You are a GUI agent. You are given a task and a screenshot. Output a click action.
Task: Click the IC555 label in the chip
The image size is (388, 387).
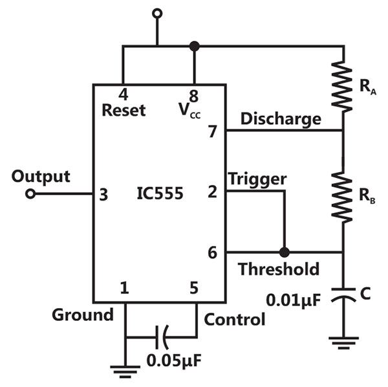[160, 193]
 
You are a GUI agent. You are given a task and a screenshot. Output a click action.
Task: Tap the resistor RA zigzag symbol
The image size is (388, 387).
[343, 85]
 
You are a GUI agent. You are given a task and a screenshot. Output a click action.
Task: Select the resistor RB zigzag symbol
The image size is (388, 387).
[343, 195]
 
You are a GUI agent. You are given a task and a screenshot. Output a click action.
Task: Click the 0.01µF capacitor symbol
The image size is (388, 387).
[343, 294]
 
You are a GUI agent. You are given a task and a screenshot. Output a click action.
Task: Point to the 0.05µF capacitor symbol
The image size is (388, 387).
[162, 337]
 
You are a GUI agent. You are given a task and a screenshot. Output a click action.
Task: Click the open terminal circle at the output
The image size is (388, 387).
[30, 194]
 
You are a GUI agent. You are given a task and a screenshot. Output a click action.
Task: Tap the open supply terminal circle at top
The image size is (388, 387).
[157, 14]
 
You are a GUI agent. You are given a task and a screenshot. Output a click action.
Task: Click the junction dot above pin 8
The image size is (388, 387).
[194, 47]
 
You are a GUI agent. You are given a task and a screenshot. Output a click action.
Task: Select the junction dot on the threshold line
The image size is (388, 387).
[285, 252]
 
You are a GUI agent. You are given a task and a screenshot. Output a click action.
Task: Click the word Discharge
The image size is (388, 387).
[281, 118]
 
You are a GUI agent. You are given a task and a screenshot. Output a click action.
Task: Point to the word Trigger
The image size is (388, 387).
[257, 179]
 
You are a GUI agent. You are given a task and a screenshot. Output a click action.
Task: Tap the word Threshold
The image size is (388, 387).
[278, 269]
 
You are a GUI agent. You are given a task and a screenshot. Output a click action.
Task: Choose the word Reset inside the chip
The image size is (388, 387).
[124, 110]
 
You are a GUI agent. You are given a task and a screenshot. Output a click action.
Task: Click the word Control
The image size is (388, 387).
[234, 319]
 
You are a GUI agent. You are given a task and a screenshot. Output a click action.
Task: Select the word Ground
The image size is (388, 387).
[83, 315]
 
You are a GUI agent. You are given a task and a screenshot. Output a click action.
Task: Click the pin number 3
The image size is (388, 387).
[103, 195]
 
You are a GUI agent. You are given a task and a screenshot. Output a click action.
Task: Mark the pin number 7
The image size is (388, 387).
[213, 131]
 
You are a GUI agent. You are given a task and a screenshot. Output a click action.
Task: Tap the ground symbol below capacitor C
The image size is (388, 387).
[343, 343]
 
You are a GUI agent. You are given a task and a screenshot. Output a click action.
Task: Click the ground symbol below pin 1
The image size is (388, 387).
[125, 371]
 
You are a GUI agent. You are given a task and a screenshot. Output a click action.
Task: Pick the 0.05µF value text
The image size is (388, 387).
[174, 360]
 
